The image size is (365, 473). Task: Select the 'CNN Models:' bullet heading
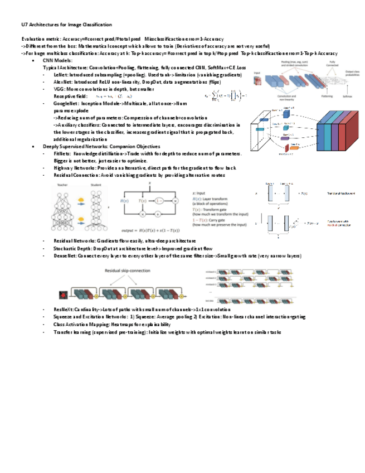tap(57, 60)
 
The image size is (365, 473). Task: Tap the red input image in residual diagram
tap(65, 293)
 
